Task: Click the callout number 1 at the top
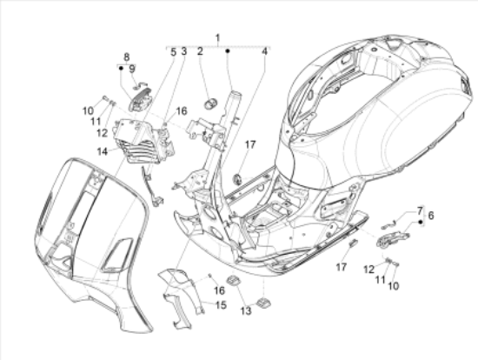coord(217,38)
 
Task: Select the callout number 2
coord(200,51)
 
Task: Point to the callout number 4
coord(264,51)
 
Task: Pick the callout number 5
coord(173,52)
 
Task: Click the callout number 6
coord(431,216)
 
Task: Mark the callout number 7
coord(420,210)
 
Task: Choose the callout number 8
coord(127,57)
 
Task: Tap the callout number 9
coord(132,69)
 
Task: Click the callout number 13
coord(246,311)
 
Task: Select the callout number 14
coord(103,151)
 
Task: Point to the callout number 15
coord(221,304)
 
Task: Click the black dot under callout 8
coord(121,68)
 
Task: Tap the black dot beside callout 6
coord(421,222)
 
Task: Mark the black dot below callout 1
coord(228,51)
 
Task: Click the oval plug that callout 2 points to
coord(210,103)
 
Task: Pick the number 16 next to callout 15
coord(219,290)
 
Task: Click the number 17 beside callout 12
coord(342,267)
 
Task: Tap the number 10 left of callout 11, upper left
coord(88,111)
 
